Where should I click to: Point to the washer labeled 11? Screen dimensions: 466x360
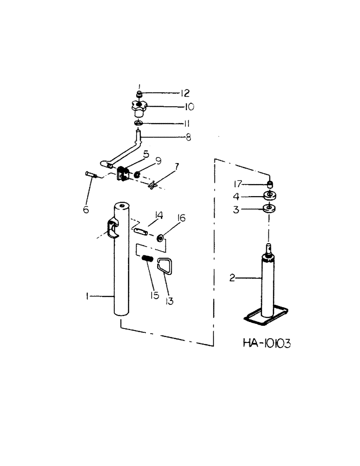[138, 123]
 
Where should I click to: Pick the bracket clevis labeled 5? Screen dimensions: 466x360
[123, 174]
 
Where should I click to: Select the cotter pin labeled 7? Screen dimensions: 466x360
[152, 187]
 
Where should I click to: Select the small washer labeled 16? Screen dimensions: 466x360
[160, 238]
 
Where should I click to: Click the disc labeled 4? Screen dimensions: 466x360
[270, 196]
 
